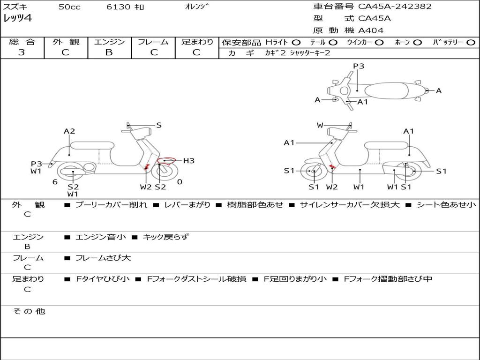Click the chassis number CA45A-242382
395,7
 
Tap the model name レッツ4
18,19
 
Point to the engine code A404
371,30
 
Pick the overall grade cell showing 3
22,52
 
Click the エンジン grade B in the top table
109,52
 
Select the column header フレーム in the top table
153,42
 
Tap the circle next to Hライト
296,42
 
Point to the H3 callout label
188,161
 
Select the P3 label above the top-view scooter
359,66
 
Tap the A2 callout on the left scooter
69,131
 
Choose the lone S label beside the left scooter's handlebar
159,125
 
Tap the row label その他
29,311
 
